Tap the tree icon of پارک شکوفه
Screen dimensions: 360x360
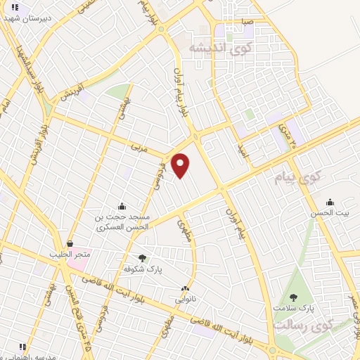143,258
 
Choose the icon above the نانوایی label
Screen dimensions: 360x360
185,288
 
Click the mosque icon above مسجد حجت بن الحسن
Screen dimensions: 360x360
122,206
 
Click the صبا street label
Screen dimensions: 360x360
245,22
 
